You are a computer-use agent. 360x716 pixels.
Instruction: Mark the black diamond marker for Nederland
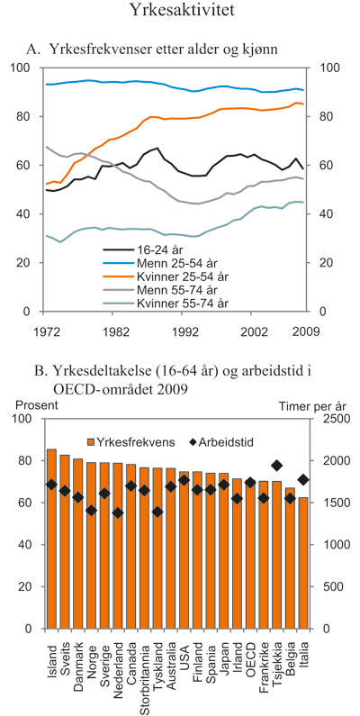[x=118, y=513]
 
